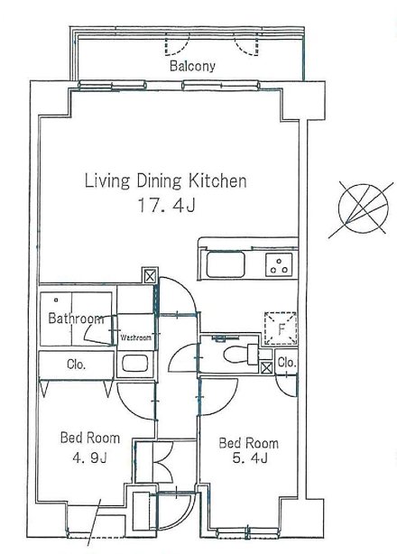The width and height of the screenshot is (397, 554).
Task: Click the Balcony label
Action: (x=192, y=66)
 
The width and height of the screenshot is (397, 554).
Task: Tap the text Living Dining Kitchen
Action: (x=166, y=180)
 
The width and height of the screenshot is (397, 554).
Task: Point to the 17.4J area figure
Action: (x=166, y=206)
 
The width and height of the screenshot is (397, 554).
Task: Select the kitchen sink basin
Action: (x=226, y=264)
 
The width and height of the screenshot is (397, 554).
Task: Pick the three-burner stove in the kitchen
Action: (x=279, y=264)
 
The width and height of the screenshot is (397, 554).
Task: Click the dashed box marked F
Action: (x=282, y=328)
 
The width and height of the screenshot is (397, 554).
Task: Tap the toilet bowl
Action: (x=235, y=355)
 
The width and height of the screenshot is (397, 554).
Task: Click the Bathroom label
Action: (x=77, y=319)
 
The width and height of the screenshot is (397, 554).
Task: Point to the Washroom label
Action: (x=136, y=337)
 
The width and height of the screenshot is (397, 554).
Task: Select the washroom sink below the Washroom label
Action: (x=135, y=364)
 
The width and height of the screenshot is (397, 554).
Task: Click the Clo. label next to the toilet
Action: (x=286, y=362)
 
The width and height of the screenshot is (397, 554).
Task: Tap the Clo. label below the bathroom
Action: (x=77, y=365)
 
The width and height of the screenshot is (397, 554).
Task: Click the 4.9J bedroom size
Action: (x=89, y=458)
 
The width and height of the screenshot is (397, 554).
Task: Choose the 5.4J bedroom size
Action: (x=250, y=457)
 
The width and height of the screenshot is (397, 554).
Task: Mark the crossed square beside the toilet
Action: (x=266, y=368)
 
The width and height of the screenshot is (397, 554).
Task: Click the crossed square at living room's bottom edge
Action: (x=150, y=275)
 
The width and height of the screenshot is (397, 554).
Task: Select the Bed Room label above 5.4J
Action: (x=249, y=443)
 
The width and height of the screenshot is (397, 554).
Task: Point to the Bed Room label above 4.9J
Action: (x=90, y=439)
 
